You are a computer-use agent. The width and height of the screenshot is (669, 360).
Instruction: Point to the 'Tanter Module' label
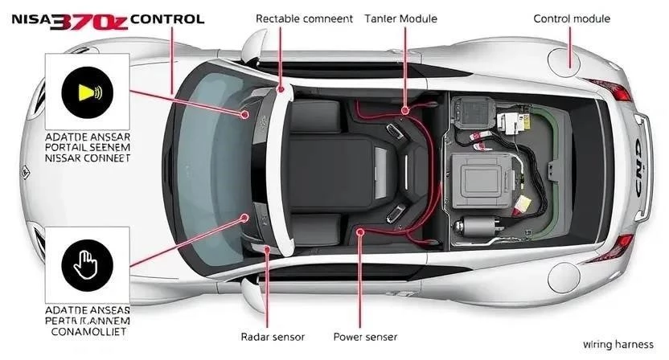click(x=401, y=18)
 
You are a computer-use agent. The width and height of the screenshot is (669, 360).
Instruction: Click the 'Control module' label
click(x=572, y=18)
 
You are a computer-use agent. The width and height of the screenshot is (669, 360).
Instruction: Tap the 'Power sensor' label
click(x=365, y=337)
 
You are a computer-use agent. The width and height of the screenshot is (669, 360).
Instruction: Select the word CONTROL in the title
click(x=167, y=18)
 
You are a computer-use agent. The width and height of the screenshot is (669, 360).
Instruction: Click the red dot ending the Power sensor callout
click(x=360, y=231)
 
